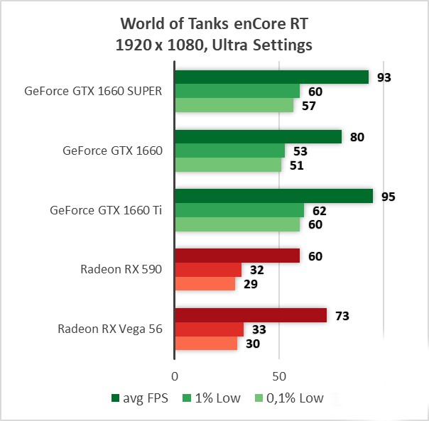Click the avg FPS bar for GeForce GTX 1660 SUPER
[271, 77]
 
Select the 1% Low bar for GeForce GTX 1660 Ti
[239, 210]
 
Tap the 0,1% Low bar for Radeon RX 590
[205, 284]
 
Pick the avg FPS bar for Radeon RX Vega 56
[251, 315]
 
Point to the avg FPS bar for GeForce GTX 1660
[258, 136]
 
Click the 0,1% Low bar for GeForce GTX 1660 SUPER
[234, 105]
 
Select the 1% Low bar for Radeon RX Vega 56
[209, 329]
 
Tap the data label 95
[388, 197]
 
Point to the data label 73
[342, 315]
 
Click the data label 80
[357, 137]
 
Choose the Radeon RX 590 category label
[121, 270]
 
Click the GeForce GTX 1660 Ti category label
[107, 210]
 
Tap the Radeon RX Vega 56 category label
[110, 329]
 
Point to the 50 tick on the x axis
[279, 374]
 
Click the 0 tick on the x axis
[175, 374]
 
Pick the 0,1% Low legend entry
[291, 398]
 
